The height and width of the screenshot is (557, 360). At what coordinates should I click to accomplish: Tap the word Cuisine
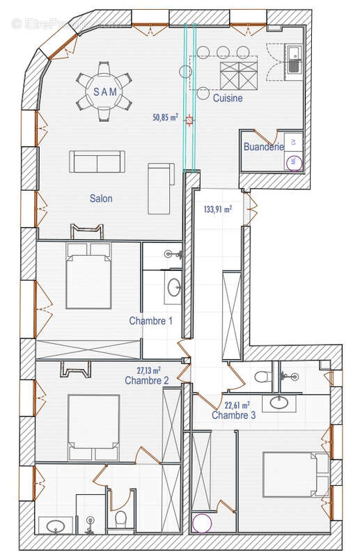(x=228, y=98)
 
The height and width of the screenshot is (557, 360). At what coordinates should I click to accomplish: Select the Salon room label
(x=101, y=198)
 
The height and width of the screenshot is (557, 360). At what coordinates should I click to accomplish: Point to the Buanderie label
(x=264, y=147)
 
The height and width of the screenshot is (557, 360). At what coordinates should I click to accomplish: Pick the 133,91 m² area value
(x=218, y=208)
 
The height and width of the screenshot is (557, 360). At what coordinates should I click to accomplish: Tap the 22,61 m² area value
(x=237, y=404)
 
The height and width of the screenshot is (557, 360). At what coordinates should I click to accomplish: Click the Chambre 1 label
(x=150, y=321)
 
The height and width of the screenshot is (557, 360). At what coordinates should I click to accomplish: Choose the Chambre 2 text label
(x=146, y=381)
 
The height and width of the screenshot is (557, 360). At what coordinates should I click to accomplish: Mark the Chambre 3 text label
(x=234, y=415)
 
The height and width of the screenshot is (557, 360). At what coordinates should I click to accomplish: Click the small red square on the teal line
(x=189, y=120)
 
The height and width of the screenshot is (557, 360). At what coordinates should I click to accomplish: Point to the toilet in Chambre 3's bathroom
(x=262, y=377)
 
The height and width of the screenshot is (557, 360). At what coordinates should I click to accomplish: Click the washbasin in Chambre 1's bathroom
(x=173, y=286)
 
